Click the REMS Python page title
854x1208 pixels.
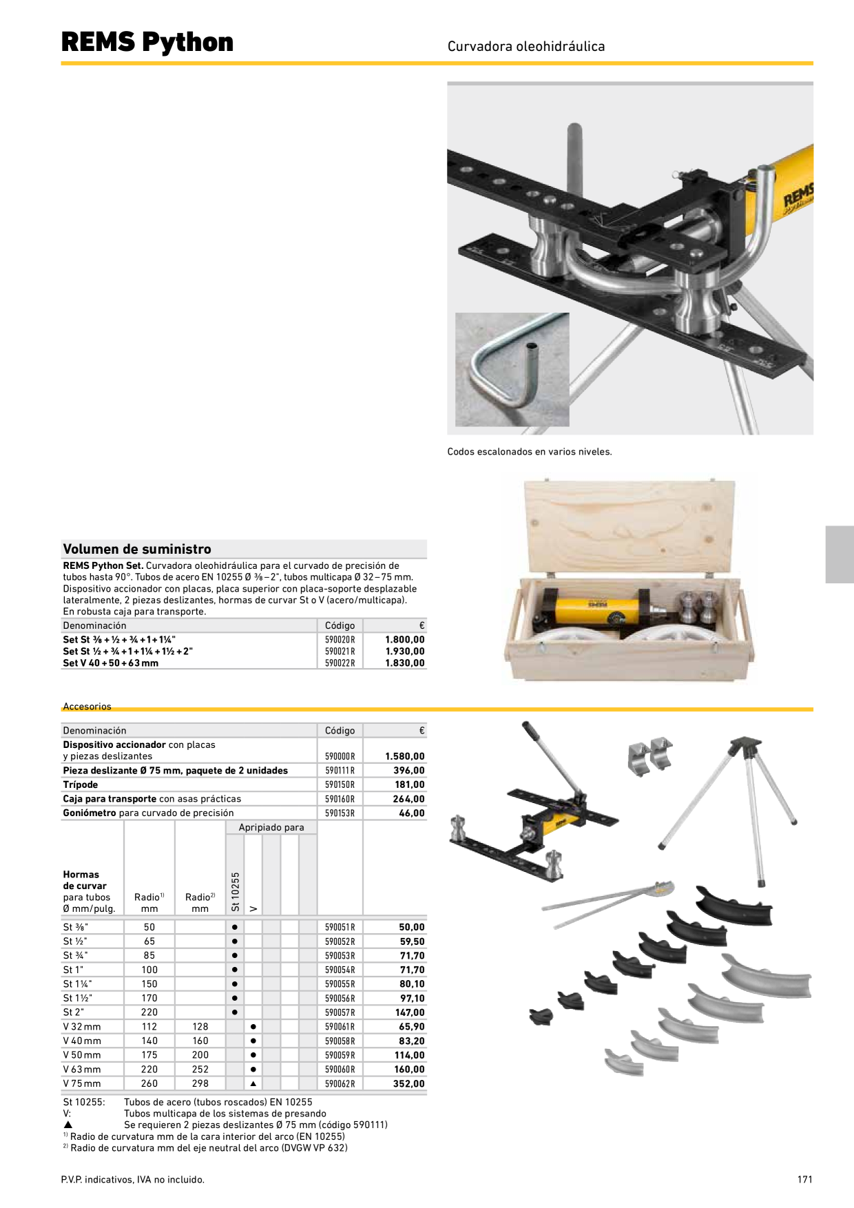click(x=147, y=42)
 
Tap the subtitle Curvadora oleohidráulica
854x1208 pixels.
click(x=526, y=46)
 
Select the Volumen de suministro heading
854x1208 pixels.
click(x=137, y=549)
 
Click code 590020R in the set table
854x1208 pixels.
click(x=340, y=640)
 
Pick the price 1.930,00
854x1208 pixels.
click(x=405, y=652)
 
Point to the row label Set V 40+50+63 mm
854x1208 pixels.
click(x=110, y=663)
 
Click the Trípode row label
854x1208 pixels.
click(x=81, y=784)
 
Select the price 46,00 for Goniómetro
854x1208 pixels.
click(x=412, y=813)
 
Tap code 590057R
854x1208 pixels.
click(x=340, y=1012)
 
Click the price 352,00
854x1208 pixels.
click(x=409, y=1084)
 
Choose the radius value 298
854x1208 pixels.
click(x=200, y=1084)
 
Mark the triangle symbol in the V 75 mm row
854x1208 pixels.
click(x=253, y=1084)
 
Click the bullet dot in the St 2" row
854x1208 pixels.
click(x=235, y=1012)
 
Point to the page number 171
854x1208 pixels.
click(x=805, y=1180)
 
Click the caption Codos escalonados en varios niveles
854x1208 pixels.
click(x=530, y=452)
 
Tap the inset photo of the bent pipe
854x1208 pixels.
click(x=512, y=370)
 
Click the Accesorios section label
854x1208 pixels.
click(x=87, y=707)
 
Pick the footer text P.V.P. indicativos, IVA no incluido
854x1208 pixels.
click(x=133, y=1180)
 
